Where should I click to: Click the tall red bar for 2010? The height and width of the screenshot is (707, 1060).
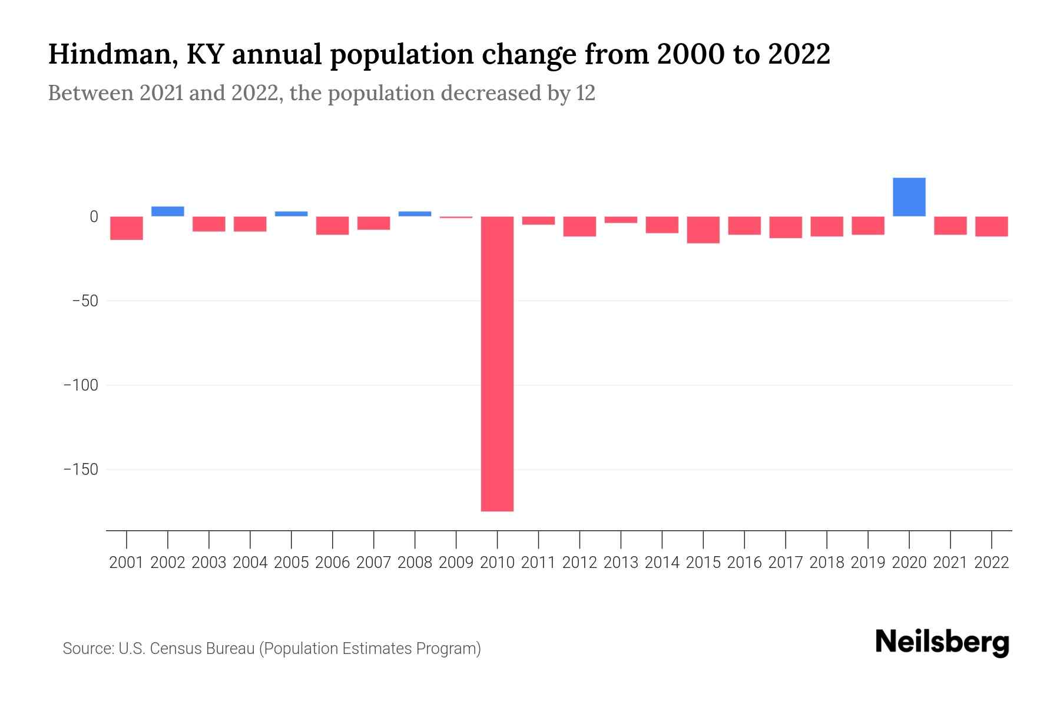click(497, 364)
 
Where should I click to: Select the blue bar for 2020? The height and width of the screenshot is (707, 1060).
click(909, 197)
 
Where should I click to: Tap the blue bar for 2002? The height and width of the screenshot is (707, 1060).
click(168, 212)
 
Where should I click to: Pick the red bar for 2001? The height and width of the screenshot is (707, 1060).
click(127, 228)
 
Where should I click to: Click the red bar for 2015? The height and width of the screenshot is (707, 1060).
click(703, 230)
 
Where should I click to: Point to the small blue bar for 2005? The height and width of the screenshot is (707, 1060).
click(291, 214)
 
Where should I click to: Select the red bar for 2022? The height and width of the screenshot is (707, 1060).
click(991, 226)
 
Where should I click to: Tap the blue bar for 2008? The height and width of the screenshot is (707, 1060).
click(415, 214)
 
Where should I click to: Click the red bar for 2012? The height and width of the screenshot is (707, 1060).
click(579, 226)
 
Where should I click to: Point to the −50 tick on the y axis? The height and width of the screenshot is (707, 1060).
click(85, 301)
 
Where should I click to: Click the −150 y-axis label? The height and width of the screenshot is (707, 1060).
click(81, 470)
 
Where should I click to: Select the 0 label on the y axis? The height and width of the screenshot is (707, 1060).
click(94, 217)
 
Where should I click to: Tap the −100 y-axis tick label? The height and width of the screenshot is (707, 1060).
click(81, 385)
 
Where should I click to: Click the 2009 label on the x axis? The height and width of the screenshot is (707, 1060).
click(456, 563)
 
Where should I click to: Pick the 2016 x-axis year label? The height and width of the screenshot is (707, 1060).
click(744, 563)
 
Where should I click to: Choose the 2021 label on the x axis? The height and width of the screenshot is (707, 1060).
click(950, 563)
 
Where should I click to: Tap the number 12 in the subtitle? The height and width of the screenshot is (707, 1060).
click(585, 93)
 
